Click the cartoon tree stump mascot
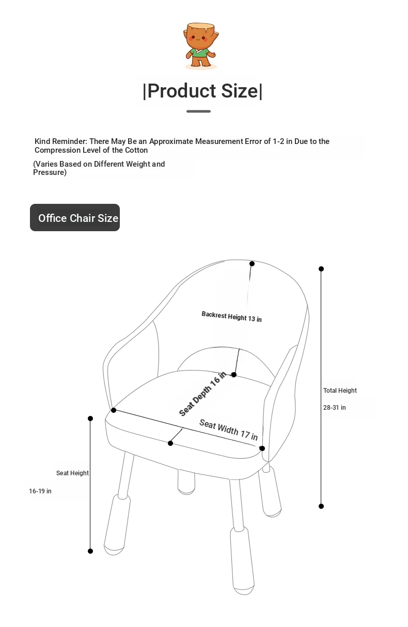[x=201, y=45]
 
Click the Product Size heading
[x=202, y=91]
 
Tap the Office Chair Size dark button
[x=75, y=218]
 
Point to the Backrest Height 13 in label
[x=231, y=316]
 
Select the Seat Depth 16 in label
[x=202, y=394]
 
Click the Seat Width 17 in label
[x=228, y=430]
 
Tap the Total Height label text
[x=340, y=391]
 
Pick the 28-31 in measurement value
[x=335, y=408]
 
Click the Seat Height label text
[x=72, y=473]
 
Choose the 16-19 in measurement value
[x=40, y=491]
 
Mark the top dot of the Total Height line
[x=321, y=269]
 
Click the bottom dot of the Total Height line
[x=321, y=506]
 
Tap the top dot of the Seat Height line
[x=90, y=419]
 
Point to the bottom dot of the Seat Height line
[x=90, y=551]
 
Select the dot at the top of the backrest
[x=252, y=264]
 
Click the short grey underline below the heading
[x=198, y=111]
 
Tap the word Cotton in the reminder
[x=136, y=150]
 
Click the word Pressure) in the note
[x=50, y=172]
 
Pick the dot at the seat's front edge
[x=170, y=443]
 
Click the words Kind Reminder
[x=60, y=141]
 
